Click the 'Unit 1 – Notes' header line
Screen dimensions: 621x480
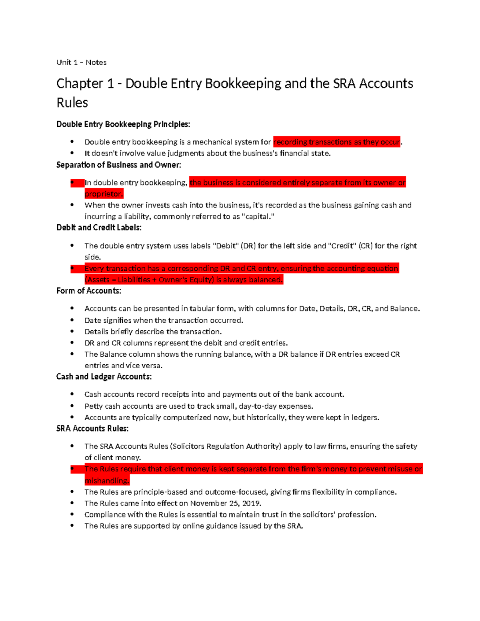81,62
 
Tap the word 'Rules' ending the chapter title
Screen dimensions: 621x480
72,103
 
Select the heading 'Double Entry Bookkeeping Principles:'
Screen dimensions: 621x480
123,124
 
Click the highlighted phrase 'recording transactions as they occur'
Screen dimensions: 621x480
336,142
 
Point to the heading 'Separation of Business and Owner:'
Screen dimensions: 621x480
118,165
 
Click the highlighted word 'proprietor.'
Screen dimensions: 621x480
104,194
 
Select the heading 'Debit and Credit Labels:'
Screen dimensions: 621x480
99,228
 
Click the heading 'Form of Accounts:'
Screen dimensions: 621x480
88,291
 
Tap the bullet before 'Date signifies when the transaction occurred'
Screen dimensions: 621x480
72,320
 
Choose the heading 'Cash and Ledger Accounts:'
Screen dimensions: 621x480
104,377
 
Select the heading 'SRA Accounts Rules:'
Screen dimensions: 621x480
92,429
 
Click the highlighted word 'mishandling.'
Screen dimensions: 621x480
107,481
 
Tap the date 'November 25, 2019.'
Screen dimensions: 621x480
226,503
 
